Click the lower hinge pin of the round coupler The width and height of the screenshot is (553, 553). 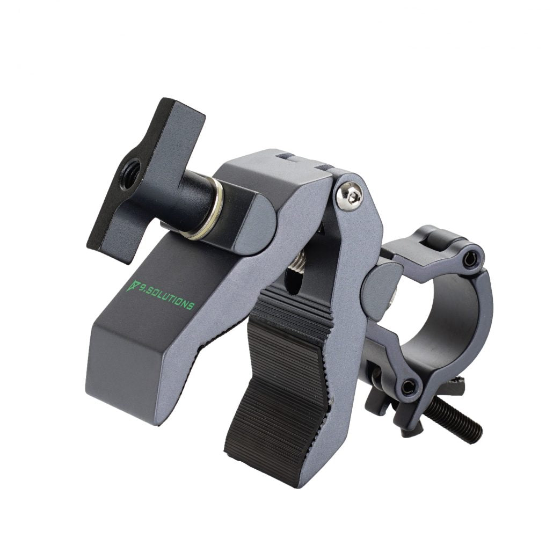[x=409, y=384]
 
